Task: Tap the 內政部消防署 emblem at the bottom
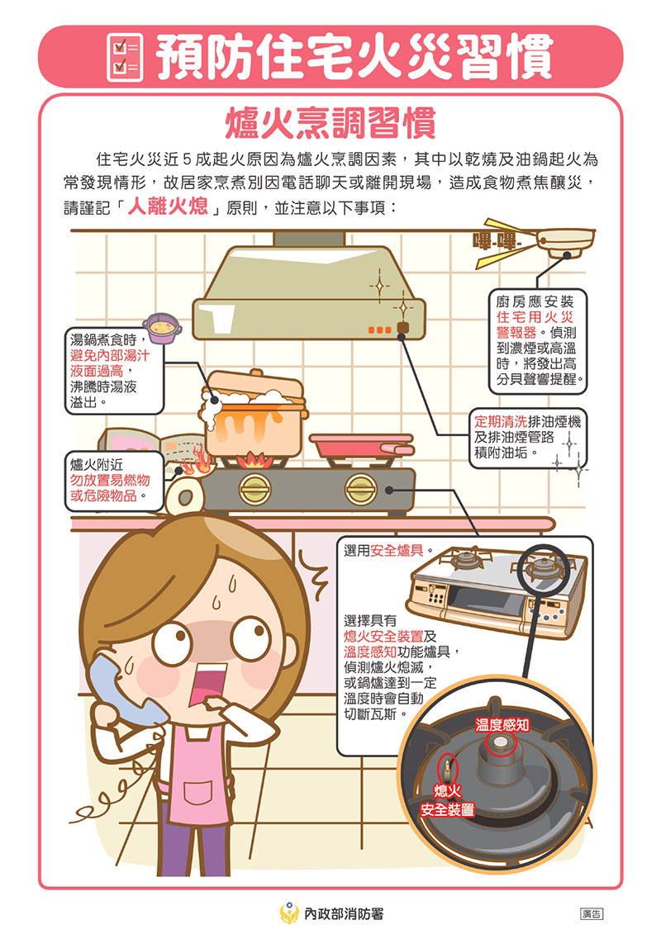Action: [289, 913]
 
